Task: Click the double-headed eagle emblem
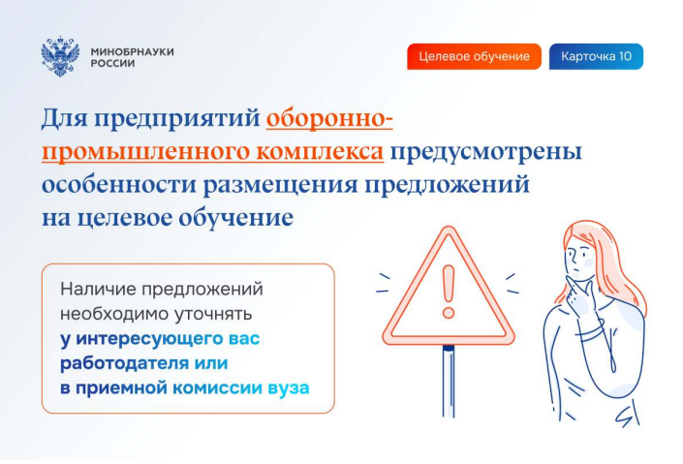[60, 57]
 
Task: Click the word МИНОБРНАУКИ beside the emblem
[133, 51]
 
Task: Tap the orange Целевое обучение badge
[474, 56]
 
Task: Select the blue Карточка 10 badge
[596, 56]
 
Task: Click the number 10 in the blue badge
[625, 56]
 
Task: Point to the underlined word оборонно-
[329, 118]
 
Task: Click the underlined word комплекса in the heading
[320, 152]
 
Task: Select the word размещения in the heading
[281, 185]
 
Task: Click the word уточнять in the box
[213, 314]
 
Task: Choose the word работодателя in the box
[125, 363]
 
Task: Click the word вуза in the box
[289, 388]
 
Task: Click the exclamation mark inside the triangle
[449, 292]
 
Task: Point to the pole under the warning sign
[449, 382]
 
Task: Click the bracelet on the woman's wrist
[591, 330]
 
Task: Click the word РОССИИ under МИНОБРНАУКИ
[112, 64]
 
